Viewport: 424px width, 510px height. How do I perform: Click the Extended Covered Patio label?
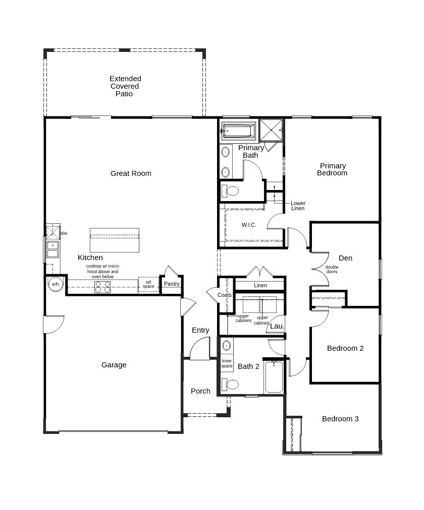125,86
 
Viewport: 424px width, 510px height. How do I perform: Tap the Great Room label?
131,173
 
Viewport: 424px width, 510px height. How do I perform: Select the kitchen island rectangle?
114,240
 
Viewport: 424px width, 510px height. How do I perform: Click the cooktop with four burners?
103,287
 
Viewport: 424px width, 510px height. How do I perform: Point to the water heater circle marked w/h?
55,284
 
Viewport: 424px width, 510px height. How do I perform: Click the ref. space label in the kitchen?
148,285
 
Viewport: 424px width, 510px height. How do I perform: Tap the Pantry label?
172,284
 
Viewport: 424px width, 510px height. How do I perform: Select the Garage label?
114,365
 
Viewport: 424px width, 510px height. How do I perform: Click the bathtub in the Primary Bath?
239,131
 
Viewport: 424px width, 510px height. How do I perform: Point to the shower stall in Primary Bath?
271,130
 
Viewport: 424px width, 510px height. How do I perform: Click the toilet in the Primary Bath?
231,191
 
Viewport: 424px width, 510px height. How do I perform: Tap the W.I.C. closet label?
248,225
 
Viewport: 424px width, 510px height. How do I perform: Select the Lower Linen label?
298,206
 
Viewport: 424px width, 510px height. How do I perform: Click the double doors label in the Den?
332,270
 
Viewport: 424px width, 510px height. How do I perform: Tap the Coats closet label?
224,295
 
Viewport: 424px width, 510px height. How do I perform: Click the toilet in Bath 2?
231,385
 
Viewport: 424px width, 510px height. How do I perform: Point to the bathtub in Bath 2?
274,376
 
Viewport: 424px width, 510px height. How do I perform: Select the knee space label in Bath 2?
227,363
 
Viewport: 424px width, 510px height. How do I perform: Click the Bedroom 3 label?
340,419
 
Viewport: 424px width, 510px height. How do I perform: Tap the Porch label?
200,391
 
